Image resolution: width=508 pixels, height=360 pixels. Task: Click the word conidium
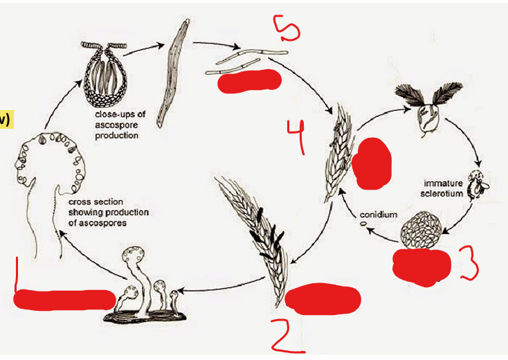tap(379, 215)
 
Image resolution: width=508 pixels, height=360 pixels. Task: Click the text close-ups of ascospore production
tap(117, 126)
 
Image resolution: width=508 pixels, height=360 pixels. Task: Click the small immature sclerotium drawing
tap(477, 183)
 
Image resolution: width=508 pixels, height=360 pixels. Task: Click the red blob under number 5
tap(249, 80)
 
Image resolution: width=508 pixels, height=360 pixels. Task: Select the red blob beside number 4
tap(373, 163)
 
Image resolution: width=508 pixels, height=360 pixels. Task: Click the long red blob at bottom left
tap(64, 300)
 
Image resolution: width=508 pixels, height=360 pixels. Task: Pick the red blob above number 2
tap(323, 298)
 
